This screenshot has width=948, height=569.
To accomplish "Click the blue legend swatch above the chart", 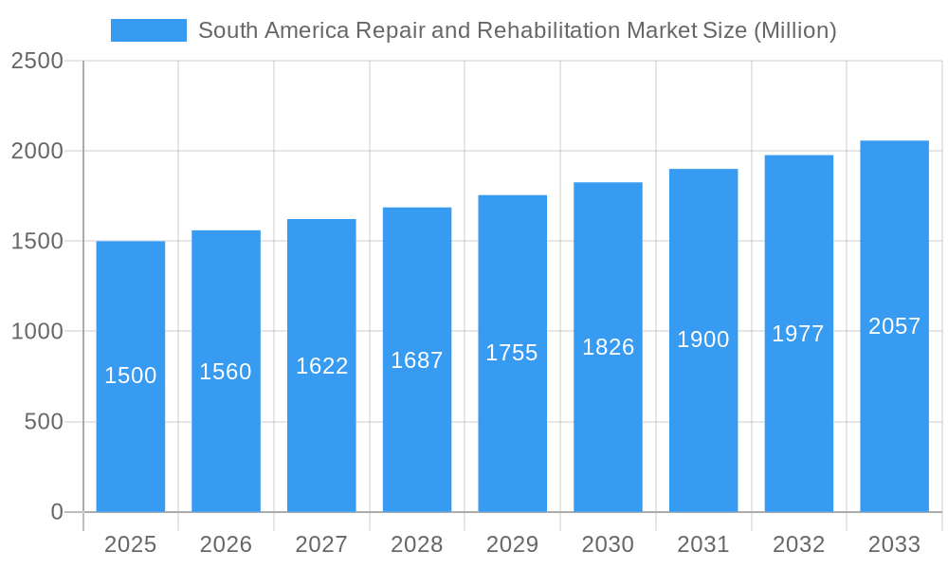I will pos(148,30).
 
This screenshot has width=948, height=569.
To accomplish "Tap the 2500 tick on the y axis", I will pos(37,61).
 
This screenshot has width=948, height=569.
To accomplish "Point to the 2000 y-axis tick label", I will pos(37,151).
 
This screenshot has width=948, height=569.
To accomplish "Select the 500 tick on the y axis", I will pos(44,421).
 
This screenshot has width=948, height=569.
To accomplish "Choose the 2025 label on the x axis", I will pos(130,544).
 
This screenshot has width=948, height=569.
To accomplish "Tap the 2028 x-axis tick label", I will pos(416,544).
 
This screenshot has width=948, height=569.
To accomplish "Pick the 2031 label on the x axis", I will pos(703,544).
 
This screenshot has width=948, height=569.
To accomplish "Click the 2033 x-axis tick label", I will pos(894,544).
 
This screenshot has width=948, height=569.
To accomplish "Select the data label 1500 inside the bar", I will pos(130,376).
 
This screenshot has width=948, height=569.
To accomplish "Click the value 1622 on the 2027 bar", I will pos(321,366).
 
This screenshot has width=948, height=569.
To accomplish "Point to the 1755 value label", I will pos(512,353).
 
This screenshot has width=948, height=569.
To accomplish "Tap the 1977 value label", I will pos(798,334).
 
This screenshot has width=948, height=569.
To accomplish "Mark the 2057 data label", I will pos(894,326).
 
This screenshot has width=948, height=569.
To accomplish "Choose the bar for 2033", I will pos(894,427).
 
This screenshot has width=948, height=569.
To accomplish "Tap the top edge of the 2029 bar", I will pos(512,196).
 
